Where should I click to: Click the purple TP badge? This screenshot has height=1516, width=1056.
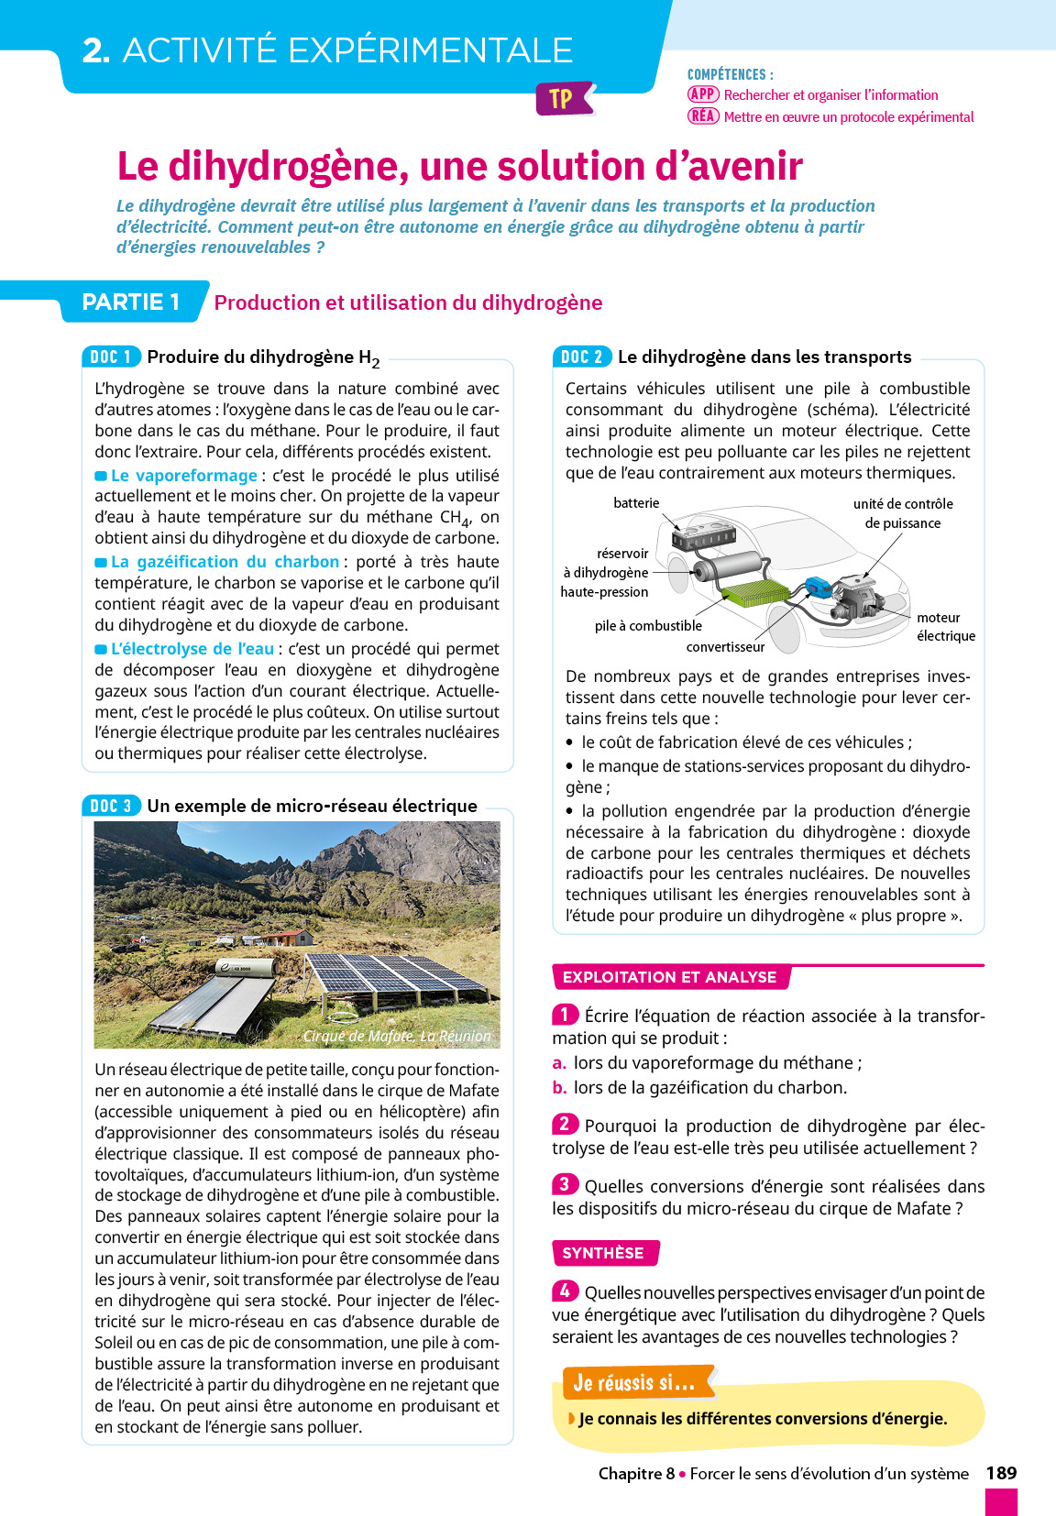point(561,99)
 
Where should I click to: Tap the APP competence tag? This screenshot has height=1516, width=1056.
point(703,94)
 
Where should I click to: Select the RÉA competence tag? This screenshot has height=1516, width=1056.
point(703,116)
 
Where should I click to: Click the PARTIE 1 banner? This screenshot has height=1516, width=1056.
point(131,302)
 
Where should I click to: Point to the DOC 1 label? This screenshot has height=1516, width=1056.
point(111,357)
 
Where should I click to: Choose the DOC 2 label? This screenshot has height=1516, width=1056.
point(582,357)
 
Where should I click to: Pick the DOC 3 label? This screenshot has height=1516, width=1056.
point(111,806)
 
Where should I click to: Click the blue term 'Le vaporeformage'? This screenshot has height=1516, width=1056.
point(183,476)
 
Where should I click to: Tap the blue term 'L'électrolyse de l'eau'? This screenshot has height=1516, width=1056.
point(192,649)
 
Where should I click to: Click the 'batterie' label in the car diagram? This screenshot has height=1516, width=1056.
point(636,503)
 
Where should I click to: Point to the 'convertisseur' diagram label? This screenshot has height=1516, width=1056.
point(725,647)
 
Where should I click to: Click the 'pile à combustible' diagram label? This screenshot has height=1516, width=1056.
point(648,626)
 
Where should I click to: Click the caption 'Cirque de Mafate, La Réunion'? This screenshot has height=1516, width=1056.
point(397,1036)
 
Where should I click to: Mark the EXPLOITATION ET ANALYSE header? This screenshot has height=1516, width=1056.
point(669,977)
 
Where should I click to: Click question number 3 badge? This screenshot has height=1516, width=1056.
point(565,1184)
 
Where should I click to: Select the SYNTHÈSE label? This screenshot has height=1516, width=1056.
point(603,1253)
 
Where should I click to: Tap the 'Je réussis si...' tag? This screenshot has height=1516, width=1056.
point(634,1382)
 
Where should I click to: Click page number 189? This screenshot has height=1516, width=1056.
point(1001,1473)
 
